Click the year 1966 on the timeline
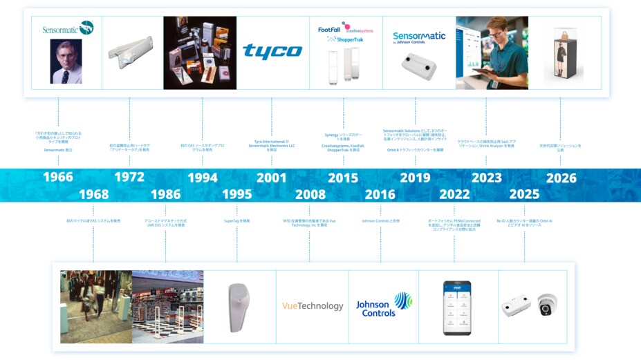[58, 177]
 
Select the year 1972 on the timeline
[129, 177]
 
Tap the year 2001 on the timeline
[271, 178]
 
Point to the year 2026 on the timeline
[561, 178]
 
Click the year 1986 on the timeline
[165, 194]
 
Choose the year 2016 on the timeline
[380, 194]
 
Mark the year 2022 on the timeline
[454, 194]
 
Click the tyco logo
[272, 52]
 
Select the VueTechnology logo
[312, 306]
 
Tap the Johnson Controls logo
[384, 305]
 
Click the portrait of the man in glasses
[66, 61]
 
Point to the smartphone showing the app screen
[457, 307]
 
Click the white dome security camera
[546, 305]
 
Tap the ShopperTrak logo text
[349, 39]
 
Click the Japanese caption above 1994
[202, 147]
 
